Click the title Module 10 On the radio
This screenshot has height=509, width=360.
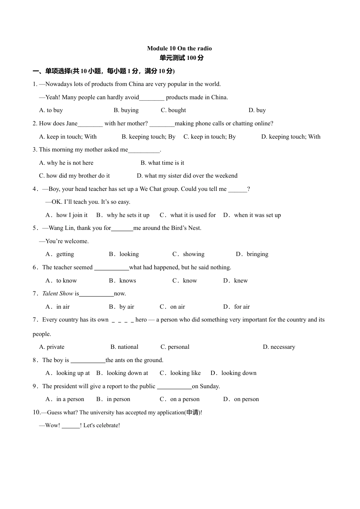[x=179, y=48]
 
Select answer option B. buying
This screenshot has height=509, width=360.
[x=126, y=110]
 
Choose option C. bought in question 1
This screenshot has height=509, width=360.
[x=173, y=110]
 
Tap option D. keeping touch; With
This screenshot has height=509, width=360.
[x=291, y=137]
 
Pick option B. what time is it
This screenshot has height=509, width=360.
[x=162, y=163]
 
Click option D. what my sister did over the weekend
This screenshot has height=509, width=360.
[x=187, y=176]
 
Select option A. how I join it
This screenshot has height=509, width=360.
[x=67, y=215]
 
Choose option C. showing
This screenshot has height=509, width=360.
[x=188, y=254]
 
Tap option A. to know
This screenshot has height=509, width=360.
[x=61, y=281]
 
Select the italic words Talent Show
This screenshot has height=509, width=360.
[x=58, y=294]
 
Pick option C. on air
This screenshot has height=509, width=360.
[x=172, y=307]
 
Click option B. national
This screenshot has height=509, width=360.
[x=124, y=347]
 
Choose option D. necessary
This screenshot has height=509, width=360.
[x=279, y=347]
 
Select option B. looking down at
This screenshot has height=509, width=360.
[x=122, y=373]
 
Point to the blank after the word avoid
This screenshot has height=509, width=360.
[x=152, y=98]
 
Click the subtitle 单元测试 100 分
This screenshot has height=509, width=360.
[x=182, y=58]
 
